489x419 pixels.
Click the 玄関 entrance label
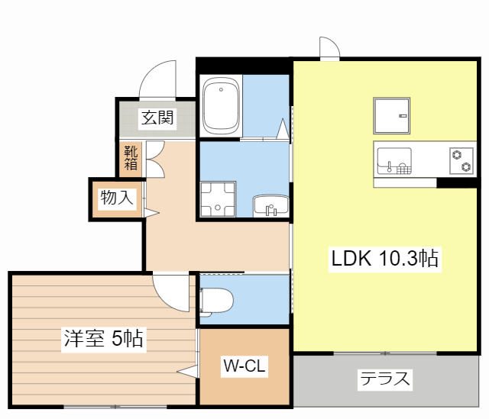pyautogui.click(x=157, y=118)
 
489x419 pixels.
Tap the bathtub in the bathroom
pyautogui.click(x=221, y=105)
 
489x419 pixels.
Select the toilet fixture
pyautogui.click(x=216, y=301)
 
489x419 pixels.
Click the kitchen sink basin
pyautogui.click(x=394, y=161)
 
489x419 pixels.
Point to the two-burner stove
pyautogui.click(x=461, y=161)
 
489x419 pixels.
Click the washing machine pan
pyautogui.click(x=218, y=199)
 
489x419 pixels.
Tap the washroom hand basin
pyautogui.click(x=271, y=205)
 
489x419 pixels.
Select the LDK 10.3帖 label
pyautogui.click(x=385, y=258)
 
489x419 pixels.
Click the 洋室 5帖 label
pyautogui.click(x=104, y=338)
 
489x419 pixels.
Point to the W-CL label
pyautogui.click(x=244, y=366)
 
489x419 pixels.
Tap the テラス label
pyautogui.click(x=385, y=379)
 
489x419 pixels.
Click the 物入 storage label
pyautogui.click(x=117, y=198)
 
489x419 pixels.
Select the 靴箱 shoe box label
pyautogui.click(x=131, y=158)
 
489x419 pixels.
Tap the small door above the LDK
pyautogui.click(x=329, y=47)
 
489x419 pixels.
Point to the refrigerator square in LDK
pyautogui.click(x=392, y=116)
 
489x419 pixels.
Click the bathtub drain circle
pyautogui.click(x=221, y=90)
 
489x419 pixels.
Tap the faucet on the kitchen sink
pyautogui.click(x=389, y=167)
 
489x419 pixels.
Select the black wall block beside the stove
pyautogui.click(x=457, y=183)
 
